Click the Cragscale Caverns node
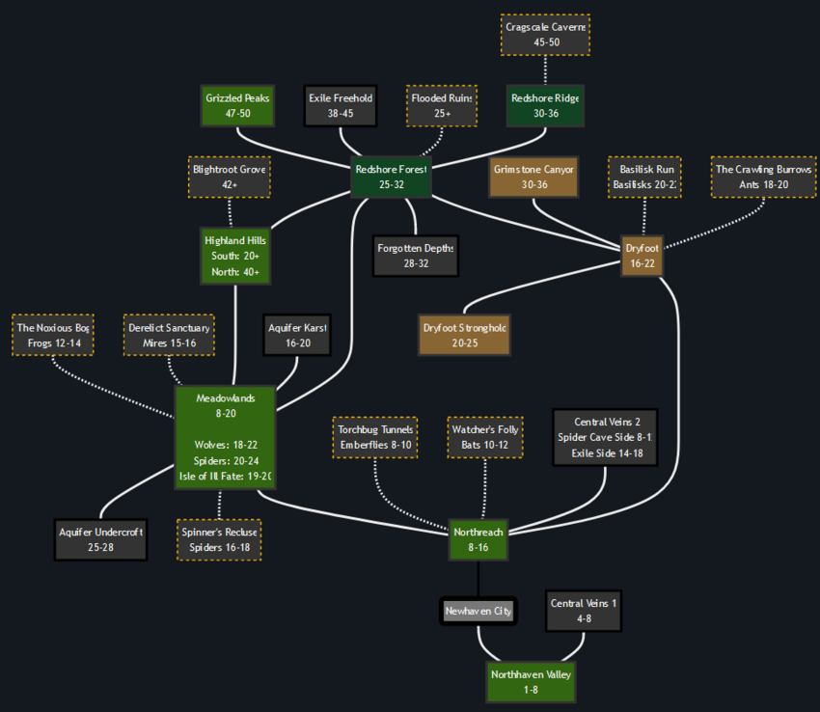point(545,35)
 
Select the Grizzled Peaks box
point(237,105)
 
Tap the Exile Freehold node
point(340,105)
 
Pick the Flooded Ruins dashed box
point(441,105)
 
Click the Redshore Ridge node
point(545,105)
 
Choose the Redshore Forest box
point(391,177)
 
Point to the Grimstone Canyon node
point(533,177)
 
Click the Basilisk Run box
point(645,177)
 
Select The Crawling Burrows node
point(763,177)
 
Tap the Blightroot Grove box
point(229,177)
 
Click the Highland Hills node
point(235,256)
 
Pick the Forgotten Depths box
point(416,256)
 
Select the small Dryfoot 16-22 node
point(642,256)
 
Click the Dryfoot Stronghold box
point(463,335)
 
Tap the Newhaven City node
point(478,611)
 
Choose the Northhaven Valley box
point(531,681)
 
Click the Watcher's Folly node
point(485,437)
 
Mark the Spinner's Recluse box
point(219,539)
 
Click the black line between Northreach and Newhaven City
point(478,579)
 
